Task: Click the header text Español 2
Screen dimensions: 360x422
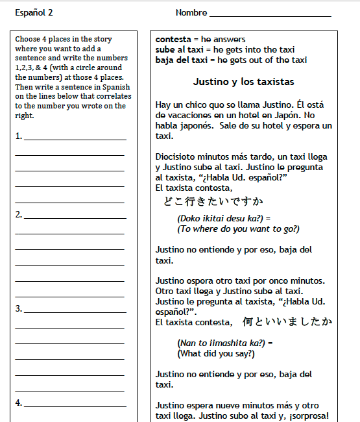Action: [x=34, y=13]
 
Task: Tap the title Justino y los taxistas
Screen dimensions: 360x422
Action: [x=243, y=82]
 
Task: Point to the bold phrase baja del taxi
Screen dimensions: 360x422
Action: [x=181, y=60]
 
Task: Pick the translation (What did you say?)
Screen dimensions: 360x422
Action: [x=216, y=354]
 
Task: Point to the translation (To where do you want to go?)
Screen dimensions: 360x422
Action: [x=238, y=229]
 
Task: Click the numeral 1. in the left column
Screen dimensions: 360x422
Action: [x=19, y=136]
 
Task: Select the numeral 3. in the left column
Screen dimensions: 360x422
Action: [x=19, y=308]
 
